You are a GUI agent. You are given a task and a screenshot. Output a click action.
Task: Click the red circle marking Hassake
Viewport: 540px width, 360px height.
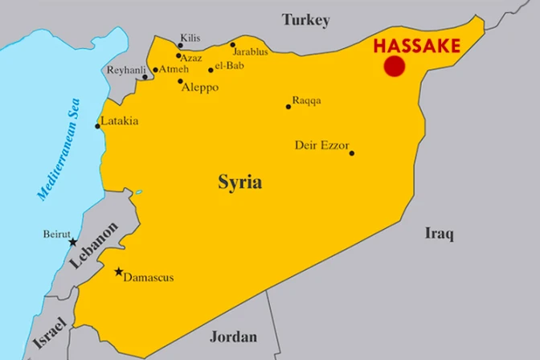coord(394,67)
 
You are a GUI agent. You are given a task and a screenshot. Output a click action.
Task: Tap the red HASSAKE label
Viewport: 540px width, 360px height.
coord(416,45)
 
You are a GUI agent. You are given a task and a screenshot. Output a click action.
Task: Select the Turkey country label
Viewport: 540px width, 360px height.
coord(305,20)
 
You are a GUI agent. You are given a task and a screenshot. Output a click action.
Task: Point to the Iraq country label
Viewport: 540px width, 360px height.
coord(439,234)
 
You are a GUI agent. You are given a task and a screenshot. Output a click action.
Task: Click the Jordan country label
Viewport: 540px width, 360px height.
coord(233,337)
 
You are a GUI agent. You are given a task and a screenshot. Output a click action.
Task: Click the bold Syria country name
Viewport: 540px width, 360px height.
coord(239,182)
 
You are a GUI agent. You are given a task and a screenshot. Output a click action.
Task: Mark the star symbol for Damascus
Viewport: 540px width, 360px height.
coord(119,272)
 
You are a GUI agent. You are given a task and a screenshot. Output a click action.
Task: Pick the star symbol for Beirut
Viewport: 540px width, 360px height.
coord(72,242)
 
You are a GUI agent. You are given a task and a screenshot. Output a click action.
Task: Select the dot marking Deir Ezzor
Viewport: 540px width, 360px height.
coord(351,153)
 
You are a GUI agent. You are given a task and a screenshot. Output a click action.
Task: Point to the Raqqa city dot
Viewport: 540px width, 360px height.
coord(288,106)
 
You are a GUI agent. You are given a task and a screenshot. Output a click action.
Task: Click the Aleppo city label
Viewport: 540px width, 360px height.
coord(201,87)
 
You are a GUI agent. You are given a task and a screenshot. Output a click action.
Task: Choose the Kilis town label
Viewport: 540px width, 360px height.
coord(190,38)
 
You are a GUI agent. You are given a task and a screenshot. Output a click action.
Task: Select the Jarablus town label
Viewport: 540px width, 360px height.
coord(252,52)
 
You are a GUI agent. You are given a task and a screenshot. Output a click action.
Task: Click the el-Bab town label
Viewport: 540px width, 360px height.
coord(229,65)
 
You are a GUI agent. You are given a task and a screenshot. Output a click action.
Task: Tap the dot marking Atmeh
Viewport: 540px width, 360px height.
coord(155,70)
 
